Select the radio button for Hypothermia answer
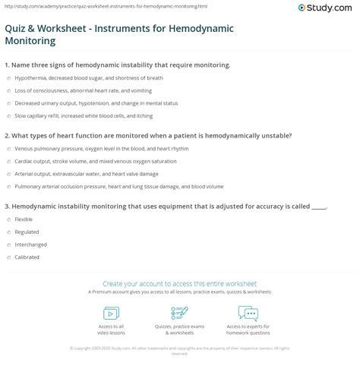coord(8,78)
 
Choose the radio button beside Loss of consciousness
coord(8,90)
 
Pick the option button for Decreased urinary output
coord(8,103)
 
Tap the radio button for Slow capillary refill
coord(8,116)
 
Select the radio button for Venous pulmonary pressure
coord(8,150)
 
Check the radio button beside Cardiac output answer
coord(8,162)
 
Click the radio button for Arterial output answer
coord(8,174)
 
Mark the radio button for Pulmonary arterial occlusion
coord(8,186)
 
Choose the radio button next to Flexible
coord(8,219)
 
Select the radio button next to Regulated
coord(8,232)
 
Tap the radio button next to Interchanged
coord(8,245)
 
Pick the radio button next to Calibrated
coord(8,257)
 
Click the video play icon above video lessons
coord(111,313)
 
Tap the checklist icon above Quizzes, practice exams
coord(179,313)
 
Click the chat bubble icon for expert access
coord(248,313)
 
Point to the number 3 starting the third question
coord(6,206)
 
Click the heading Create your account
coord(179,282)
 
